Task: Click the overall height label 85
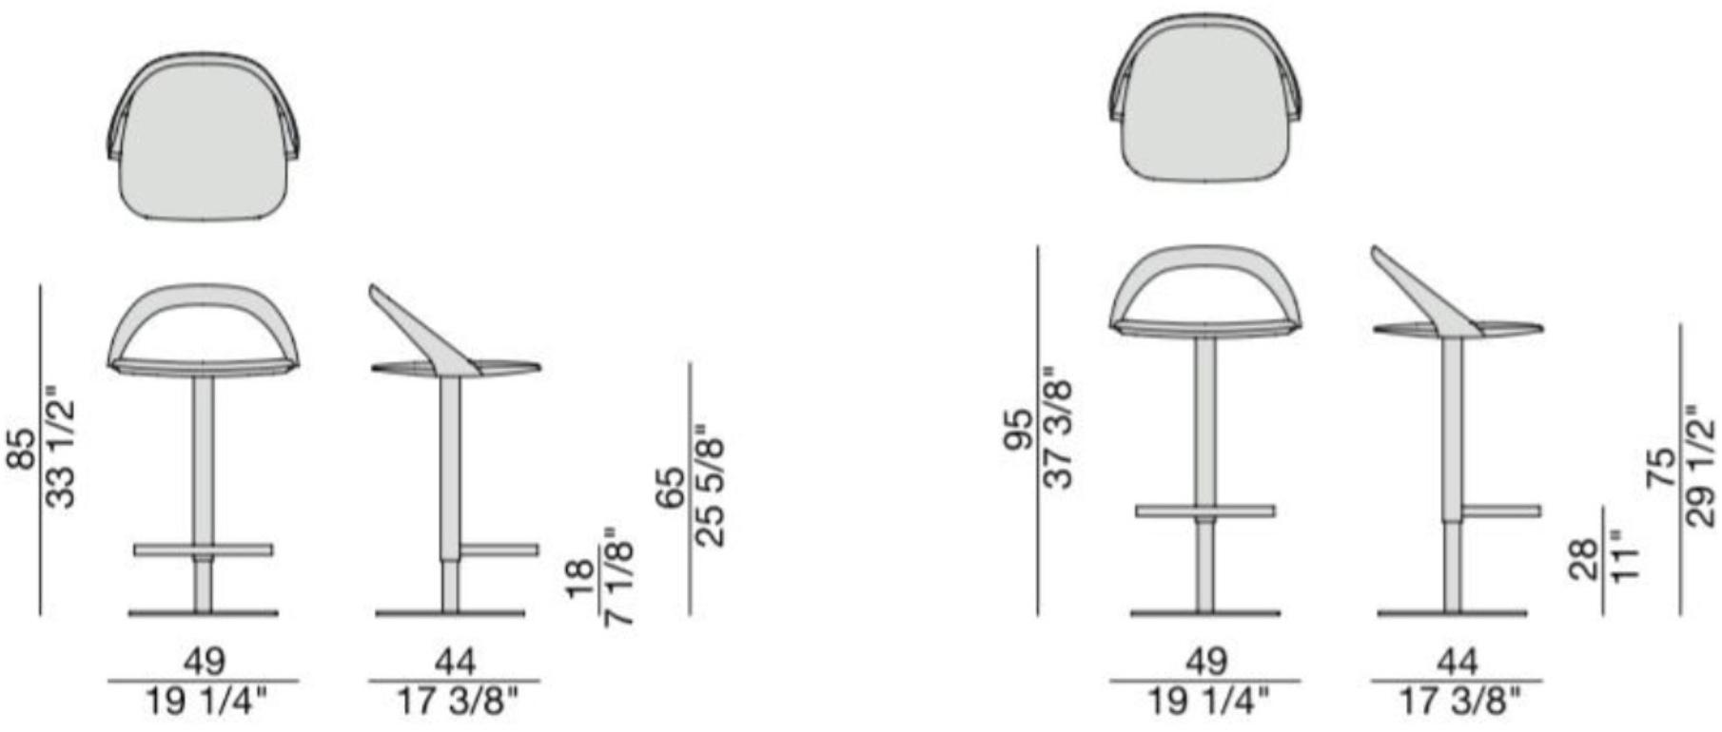coord(21,449)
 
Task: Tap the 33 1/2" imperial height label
coord(60,447)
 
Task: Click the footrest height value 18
coord(578,579)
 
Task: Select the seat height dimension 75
coord(1661,468)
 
